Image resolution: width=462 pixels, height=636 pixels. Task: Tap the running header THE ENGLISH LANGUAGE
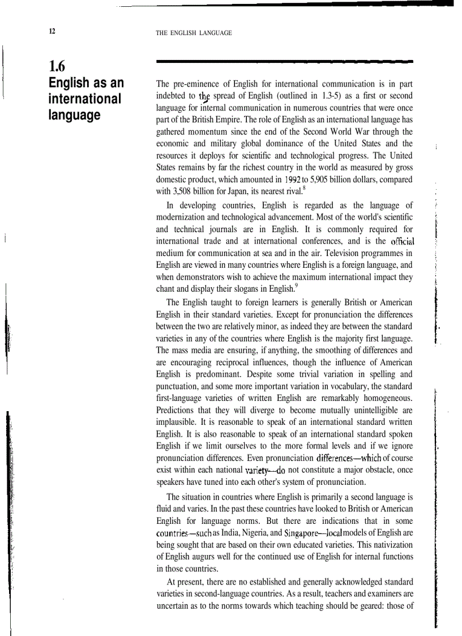(194, 33)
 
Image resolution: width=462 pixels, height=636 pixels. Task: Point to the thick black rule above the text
(284, 61)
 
